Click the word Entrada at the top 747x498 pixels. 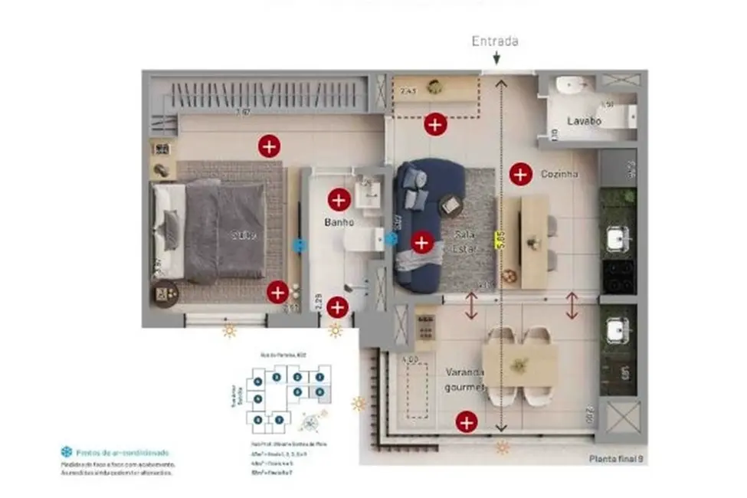tap(496, 41)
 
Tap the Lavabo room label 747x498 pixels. tap(584, 121)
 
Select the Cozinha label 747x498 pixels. tap(559, 174)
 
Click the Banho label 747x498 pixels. tap(339, 223)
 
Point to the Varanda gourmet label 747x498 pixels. tap(466, 379)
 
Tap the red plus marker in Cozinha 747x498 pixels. tap(521, 174)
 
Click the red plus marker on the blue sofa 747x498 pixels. tap(421, 243)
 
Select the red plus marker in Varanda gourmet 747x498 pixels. tap(466, 421)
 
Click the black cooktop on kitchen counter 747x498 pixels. tap(618, 277)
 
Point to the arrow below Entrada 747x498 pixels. tap(496, 58)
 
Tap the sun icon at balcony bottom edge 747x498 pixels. tap(503, 447)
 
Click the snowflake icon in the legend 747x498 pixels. tap(66, 453)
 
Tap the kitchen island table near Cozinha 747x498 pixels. tap(534, 241)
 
